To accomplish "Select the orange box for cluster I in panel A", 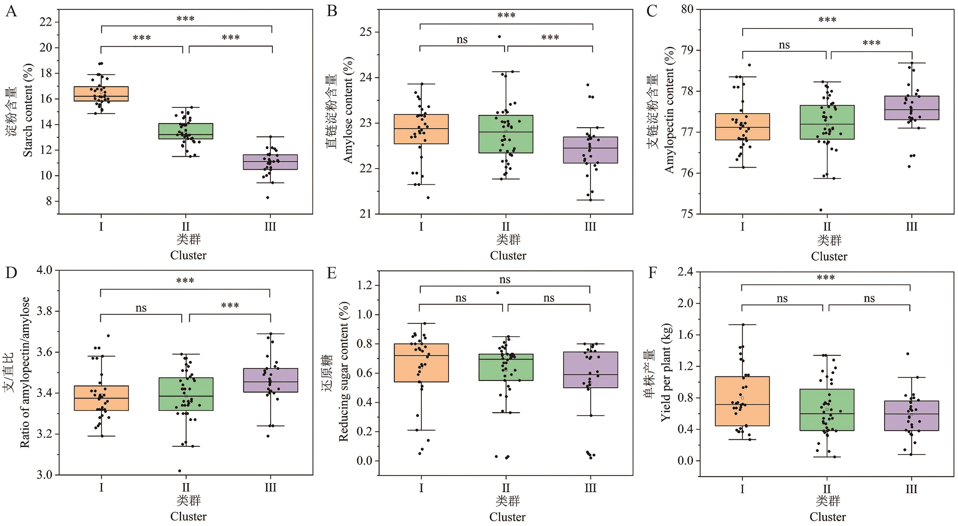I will click(x=101, y=94).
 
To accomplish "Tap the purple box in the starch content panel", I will click(x=270, y=162).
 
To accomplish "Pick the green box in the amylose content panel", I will click(x=506, y=134).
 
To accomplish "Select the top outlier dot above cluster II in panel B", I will click(x=499, y=37).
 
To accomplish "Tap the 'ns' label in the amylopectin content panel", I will click(x=784, y=45).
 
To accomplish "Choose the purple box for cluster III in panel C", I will click(x=912, y=108).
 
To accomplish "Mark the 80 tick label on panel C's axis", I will click(x=687, y=9).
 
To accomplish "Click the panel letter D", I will click(x=11, y=273).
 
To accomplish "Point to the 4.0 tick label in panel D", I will click(x=44, y=270).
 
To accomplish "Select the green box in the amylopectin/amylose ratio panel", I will click(x=186, y=394).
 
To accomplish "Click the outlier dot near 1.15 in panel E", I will click(x=498, y=293).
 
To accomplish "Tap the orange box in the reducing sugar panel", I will click(x=421, y=363).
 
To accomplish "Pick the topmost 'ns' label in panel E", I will click(x=505, y=280).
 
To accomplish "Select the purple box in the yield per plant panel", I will click(x=912, y=415).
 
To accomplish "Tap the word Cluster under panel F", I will click(x=828, y=517).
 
